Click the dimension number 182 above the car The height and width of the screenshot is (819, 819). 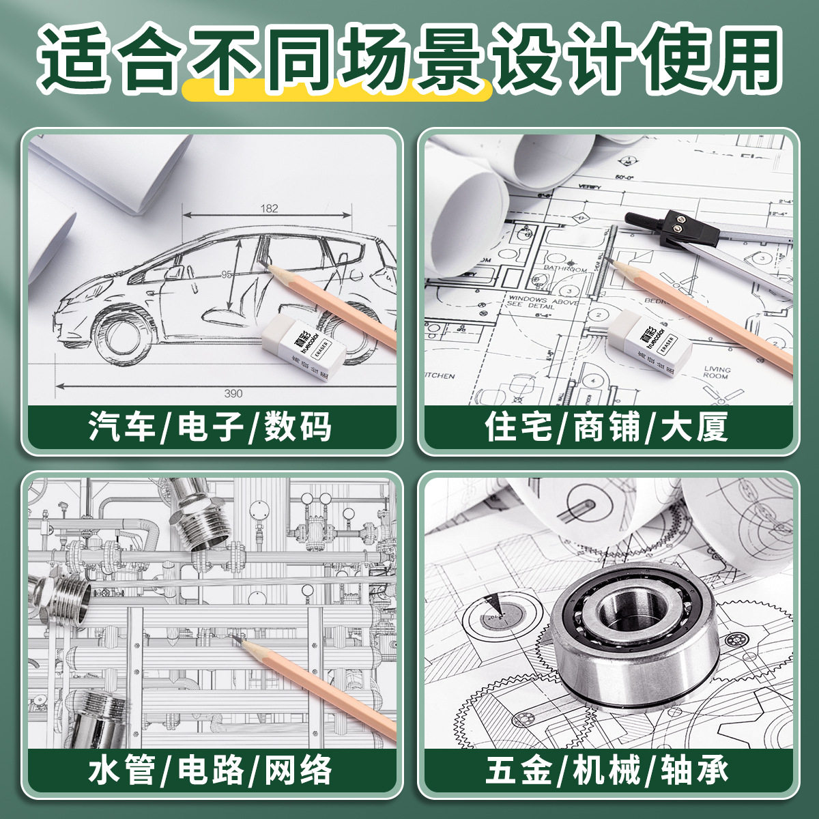pos(269,208)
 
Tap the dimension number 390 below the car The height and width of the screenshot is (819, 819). pos(233,393)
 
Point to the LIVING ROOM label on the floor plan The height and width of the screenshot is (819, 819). pos(717,372)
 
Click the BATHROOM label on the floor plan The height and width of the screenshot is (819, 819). pos(565,269)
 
